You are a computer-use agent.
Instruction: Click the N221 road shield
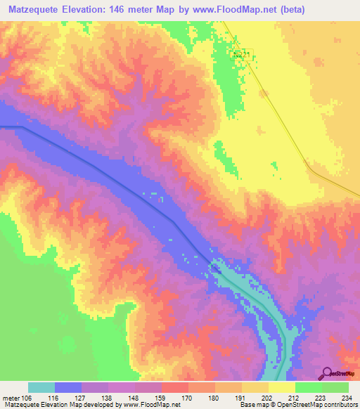tap(242, 53)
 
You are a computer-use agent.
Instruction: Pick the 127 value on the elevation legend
tap(96, 397)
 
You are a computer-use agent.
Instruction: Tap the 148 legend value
tap(149, 397)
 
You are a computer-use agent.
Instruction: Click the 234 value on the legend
tap(345, 397)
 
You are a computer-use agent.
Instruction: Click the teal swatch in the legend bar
tap(41, 387)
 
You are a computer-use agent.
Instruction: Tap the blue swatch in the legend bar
tap(68, 387)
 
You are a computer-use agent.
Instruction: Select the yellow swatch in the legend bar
tap(282, 387)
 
